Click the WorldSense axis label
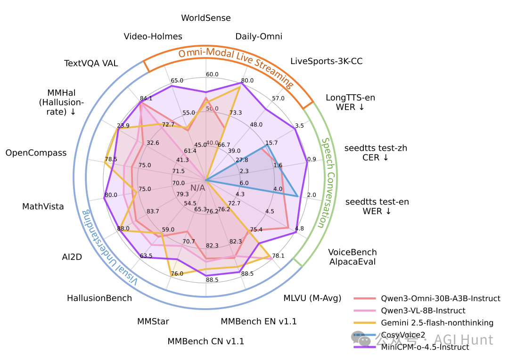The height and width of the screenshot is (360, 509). tap(206, 18)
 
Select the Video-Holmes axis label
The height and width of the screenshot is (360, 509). tap(153, 36)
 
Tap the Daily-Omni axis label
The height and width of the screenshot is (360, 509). tap(259, 36)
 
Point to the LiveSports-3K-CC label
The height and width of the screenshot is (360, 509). tap(326, 61)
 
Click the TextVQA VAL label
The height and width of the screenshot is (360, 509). tap(91, 63)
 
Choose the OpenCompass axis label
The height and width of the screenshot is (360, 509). tap(36, 153)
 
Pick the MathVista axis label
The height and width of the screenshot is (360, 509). tap(43, 206)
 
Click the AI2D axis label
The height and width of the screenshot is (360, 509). tap(72, 257)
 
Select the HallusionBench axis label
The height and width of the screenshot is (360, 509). tap(99, 298)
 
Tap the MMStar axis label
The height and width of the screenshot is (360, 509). tap(153, 321)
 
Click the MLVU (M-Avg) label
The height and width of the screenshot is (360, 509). tap(310, 298)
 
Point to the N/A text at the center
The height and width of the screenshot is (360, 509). tap(198, 188)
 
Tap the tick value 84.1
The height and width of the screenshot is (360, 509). tap(146, 98)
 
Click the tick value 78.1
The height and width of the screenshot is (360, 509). tap(278, 256)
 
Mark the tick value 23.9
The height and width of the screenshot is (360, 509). tap(123, 125)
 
